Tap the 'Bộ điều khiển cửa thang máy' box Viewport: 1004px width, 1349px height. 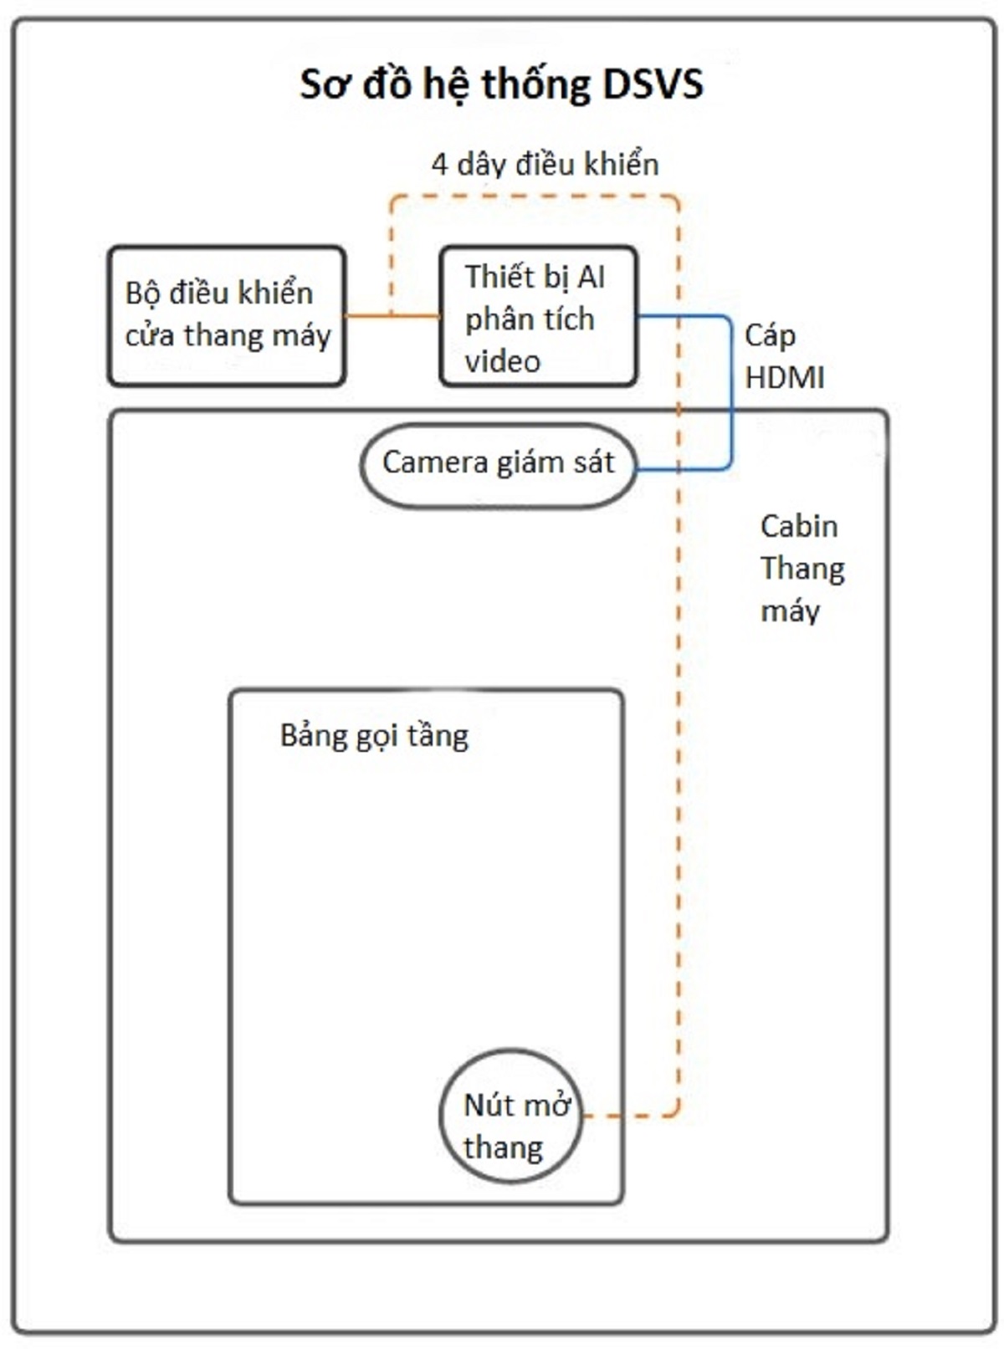(x=227, y=315)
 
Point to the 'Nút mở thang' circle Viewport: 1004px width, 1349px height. (x=510, y=1116)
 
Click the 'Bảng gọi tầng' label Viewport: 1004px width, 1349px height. (x=374, y=736)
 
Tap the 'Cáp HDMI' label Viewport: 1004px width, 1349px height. (x=783, y=357)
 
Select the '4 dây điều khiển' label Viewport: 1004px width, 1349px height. (x=545, y=164)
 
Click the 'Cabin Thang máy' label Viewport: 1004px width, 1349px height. (x=801, y=569)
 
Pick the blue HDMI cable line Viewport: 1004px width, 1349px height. (x=731, y=393)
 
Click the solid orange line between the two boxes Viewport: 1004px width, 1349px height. (x=392, y=315)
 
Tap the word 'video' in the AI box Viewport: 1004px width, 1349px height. (x=502, y=361)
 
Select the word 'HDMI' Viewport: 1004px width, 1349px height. (x=784, y=378)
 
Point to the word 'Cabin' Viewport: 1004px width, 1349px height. (x=798, y=526)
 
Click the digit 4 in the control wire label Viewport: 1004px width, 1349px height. (x=439, y=164)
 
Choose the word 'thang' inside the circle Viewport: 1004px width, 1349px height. (x=503, y=1147)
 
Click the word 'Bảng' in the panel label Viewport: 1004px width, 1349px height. (x=312, y=736)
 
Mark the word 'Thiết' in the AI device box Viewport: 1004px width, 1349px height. (x=499, y=276)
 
